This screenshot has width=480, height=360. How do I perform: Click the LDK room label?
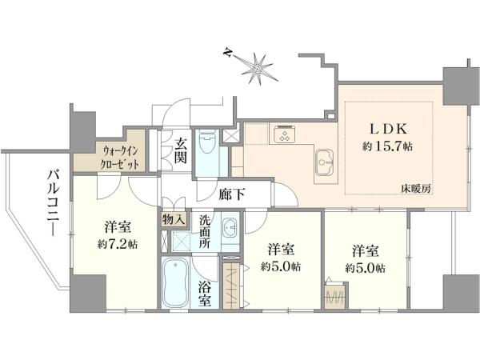coord(388,129)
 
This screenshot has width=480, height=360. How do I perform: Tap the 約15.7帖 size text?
coord(387,146)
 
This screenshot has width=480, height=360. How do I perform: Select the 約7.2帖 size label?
coord(118,244)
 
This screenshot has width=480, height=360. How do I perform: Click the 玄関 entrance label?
coord(180,151)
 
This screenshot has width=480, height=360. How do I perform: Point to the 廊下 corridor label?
coord(232,194)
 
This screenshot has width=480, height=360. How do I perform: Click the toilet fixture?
coord(207,141)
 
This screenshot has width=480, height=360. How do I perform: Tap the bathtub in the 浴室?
coord(175,282)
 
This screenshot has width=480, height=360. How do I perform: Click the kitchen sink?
coord(325,162)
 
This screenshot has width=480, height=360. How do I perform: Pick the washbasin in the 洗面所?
coord(230,227)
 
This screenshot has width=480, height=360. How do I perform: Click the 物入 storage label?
coord(174,219)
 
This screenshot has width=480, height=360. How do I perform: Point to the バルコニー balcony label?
coord(53,202)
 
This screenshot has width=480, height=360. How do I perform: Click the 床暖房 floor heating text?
coord(416,189)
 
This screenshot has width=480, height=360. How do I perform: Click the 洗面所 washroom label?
coord(205,231)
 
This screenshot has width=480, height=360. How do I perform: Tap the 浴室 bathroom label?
coord(205,294)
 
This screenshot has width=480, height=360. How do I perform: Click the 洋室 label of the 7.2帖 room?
coord(118,227)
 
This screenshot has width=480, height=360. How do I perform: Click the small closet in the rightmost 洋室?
coord(335,295)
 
